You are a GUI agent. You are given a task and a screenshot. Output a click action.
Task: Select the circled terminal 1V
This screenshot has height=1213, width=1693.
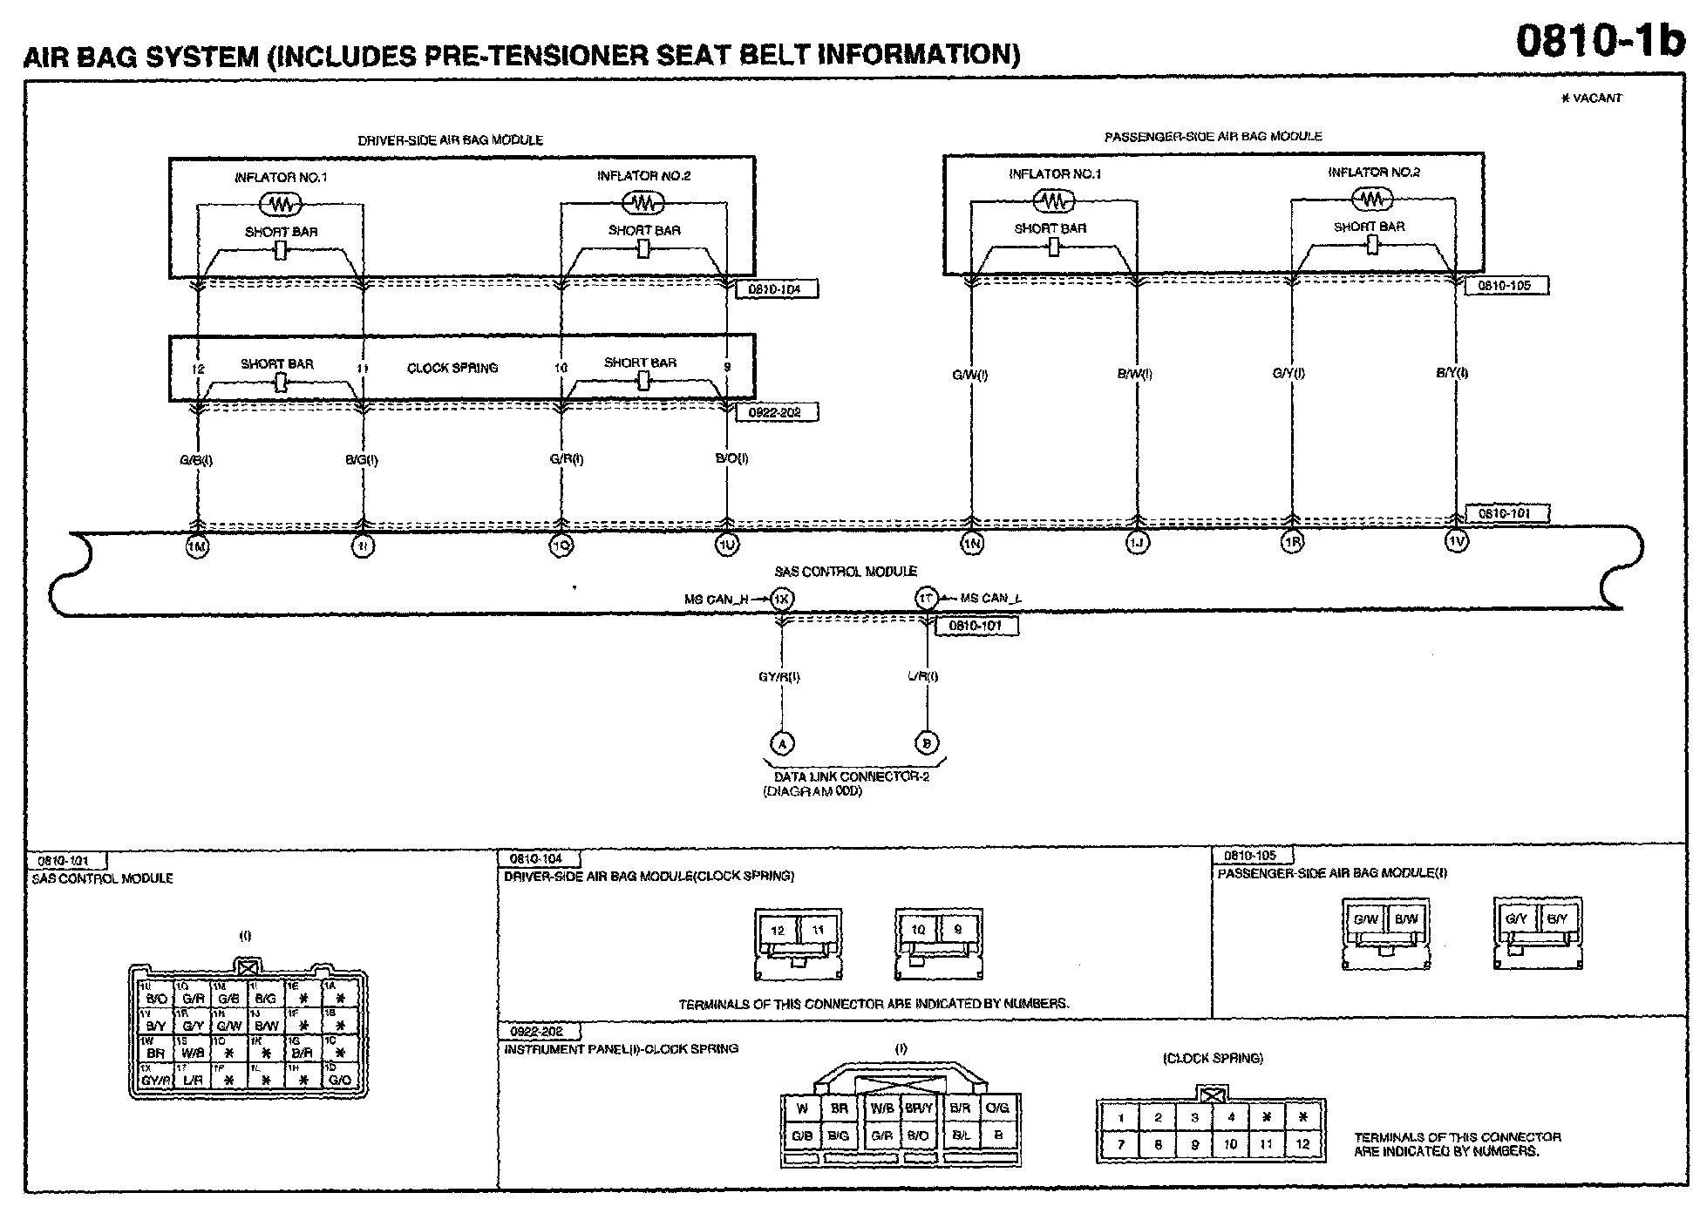point(1457,541)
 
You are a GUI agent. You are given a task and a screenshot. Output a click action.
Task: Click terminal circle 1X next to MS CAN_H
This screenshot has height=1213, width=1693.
point(782,599)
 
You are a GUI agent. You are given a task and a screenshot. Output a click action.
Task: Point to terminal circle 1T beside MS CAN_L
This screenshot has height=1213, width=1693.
point(926,599)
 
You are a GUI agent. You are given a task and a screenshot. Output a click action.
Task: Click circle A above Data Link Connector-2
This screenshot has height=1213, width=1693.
point(782,743)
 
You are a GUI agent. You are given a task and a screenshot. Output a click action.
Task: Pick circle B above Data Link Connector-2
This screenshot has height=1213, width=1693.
point(926,743)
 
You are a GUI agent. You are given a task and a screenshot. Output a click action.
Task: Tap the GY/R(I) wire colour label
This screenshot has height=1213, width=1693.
point(779,676)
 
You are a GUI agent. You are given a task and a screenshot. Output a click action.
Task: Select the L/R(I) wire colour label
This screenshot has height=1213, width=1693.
point(922,676)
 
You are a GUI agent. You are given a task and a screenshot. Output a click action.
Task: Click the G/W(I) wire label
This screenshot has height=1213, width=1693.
point(969,376)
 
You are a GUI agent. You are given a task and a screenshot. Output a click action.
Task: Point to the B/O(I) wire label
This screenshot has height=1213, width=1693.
point(731,458)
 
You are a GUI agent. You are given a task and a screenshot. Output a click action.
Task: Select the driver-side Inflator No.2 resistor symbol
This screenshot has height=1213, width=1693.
point(643,203)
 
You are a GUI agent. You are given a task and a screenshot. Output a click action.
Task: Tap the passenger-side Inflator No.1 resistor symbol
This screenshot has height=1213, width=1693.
point(1053,201)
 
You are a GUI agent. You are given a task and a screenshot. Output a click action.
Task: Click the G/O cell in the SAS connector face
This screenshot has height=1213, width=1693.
point(340,1081)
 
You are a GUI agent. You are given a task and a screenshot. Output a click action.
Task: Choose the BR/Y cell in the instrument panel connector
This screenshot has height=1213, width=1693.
point(919,1108)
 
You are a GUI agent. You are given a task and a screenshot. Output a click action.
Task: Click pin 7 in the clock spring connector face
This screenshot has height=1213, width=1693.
point(1121,1145)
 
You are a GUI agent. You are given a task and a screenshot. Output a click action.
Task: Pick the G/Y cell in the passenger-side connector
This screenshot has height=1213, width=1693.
point(1516,918)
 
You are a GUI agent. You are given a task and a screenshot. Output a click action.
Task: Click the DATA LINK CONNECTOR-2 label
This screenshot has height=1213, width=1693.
point(852,776)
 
